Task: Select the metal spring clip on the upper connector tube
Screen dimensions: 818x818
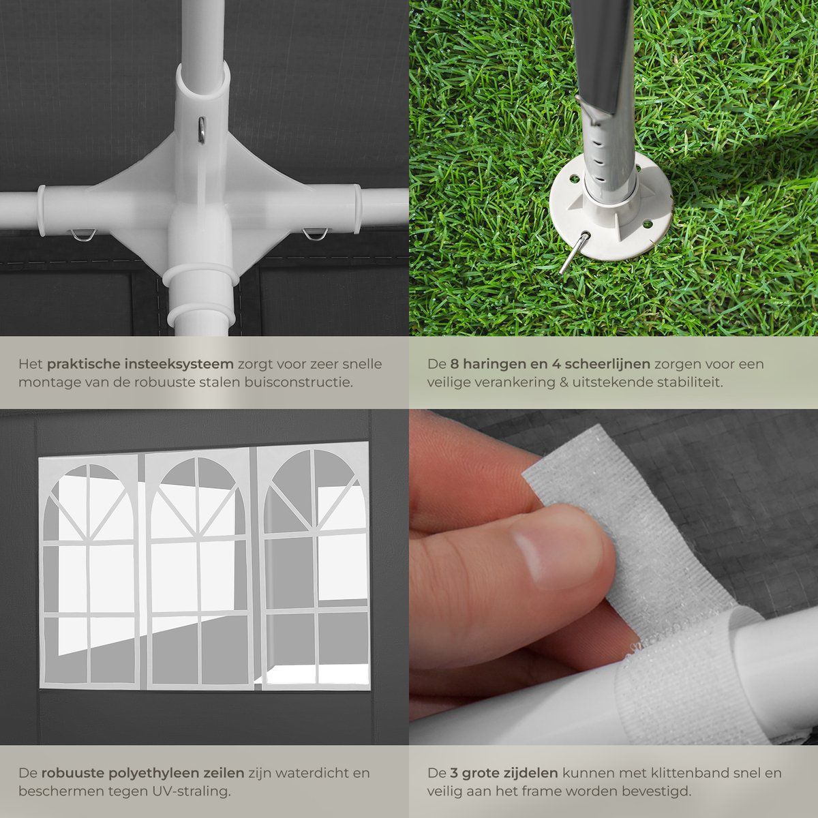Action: (202, 130)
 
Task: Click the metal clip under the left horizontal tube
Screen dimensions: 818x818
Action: (84, 234)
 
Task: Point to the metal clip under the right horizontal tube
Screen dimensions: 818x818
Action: (315, 234)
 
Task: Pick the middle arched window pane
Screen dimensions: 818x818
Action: (198, 568)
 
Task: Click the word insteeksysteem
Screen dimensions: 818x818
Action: (179, 364)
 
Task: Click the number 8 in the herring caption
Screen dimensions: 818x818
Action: (454, 365)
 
